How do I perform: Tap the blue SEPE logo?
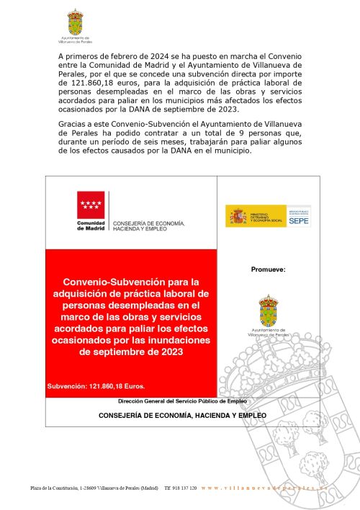coord(300,215)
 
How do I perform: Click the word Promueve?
coord(268,269)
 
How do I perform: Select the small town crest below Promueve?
coord(268,308)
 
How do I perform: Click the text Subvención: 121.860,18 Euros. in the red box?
coord(96,386)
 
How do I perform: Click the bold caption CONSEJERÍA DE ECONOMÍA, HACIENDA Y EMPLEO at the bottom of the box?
coord(182,416)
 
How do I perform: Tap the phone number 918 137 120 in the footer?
coord(180,488)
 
